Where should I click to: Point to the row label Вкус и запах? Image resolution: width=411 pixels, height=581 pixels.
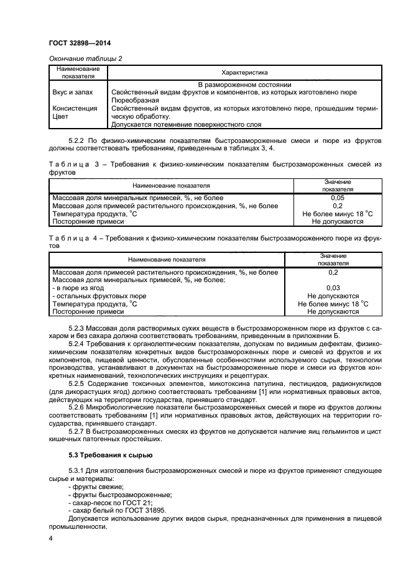pos(73,92)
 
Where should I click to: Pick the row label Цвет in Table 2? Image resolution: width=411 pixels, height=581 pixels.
pos(60,115)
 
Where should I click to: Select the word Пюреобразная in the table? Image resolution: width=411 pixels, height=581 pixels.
pos(132,99)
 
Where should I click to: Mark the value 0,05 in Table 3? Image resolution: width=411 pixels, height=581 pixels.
pos(338,198)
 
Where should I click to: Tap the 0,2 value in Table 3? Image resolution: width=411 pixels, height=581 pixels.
pos(338,206)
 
